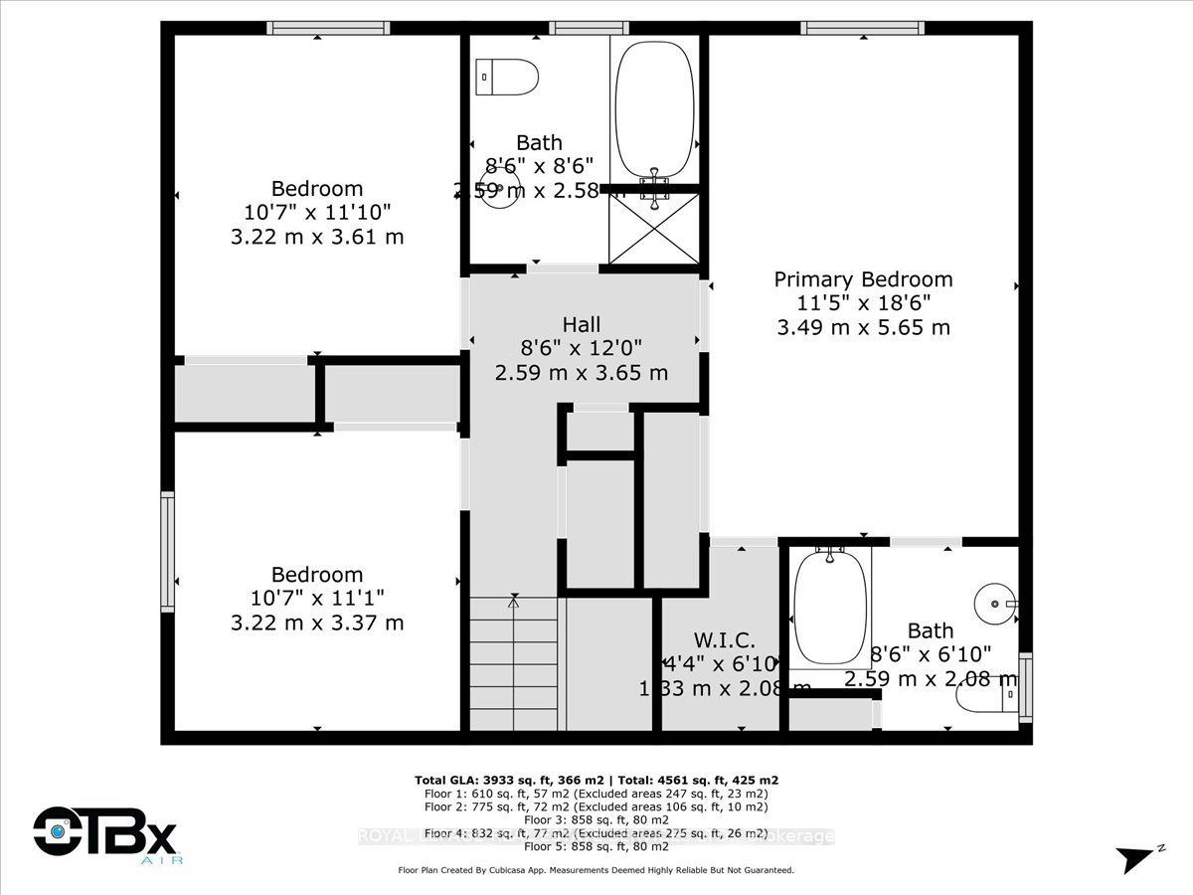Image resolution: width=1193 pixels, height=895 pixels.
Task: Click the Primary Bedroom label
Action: pos(863,279)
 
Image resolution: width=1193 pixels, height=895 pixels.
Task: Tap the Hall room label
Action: pos(582,324)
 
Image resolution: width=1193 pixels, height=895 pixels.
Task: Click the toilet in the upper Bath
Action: pos(507,76)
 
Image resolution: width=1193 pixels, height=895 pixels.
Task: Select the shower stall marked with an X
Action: pos(653,228)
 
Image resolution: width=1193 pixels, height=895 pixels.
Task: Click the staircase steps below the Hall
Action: pos(513,663)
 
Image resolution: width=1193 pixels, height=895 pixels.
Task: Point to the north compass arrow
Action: pos(1136,858)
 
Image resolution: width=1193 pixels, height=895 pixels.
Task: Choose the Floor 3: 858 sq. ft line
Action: pos(596,820)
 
